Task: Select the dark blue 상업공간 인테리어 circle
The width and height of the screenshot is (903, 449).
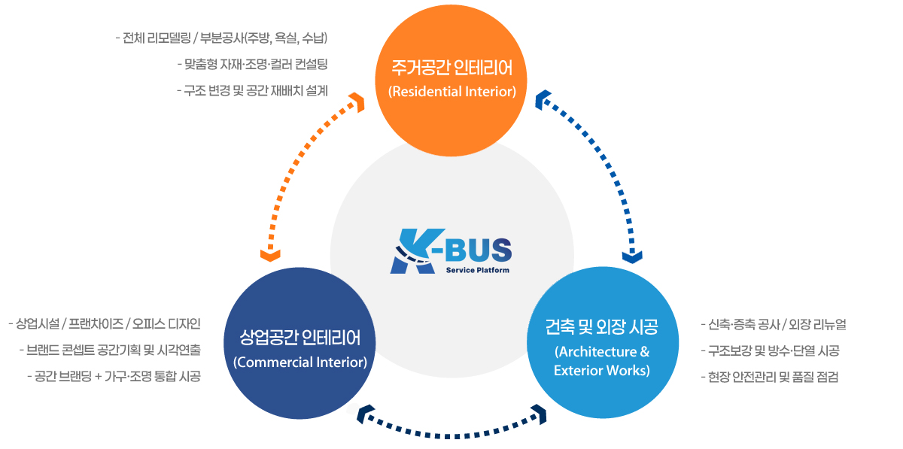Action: coord(300,347)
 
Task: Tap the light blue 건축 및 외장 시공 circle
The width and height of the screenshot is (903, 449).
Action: coord(602,347)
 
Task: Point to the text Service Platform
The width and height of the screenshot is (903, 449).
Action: coord(477,270)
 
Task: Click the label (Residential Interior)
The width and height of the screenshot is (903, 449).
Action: coord(451,92)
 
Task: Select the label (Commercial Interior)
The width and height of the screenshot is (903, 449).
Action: coord(300,363)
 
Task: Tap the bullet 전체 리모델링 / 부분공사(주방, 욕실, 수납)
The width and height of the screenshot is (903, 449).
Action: coord(221,38)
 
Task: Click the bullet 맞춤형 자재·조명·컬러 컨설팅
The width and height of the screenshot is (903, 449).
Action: coord(251,64)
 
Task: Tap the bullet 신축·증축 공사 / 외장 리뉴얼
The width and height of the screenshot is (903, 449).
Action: coord(773,324)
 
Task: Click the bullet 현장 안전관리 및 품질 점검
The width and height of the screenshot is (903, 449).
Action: coord(769,376)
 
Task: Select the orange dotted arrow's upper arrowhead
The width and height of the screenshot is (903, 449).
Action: coord(356,101)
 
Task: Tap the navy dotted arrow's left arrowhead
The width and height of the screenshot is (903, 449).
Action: coord(367,413)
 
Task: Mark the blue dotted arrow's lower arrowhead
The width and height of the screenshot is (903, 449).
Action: coord(633,256)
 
